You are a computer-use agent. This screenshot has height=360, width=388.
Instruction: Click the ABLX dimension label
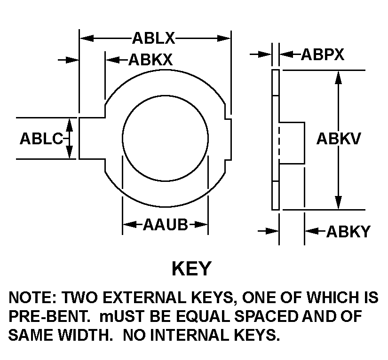pos(154,38)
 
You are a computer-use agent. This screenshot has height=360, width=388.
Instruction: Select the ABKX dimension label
pos(150,60)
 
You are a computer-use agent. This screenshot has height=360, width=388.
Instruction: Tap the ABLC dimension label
pos(41,139)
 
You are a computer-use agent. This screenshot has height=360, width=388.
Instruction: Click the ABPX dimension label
pos(323,55)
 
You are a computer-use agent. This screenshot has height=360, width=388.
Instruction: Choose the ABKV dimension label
pos(338,139)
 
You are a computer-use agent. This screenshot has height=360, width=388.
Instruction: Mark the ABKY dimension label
pos(348,231)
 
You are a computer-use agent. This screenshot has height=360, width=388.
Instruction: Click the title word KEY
pos(191,269)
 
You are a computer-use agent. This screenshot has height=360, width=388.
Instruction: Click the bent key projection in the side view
pos(293,142)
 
